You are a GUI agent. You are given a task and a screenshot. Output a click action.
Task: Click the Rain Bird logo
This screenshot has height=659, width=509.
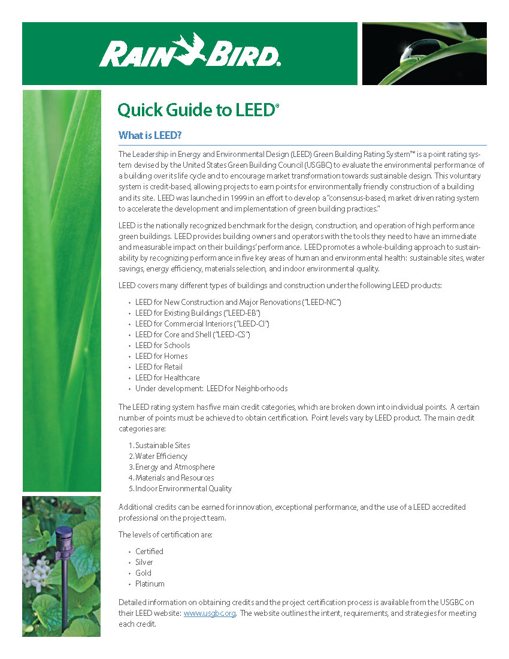point(189,52)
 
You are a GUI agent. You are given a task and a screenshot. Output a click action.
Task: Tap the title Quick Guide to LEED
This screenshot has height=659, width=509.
point(198,111)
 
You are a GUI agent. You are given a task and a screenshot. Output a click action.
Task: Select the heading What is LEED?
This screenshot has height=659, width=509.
point(150,135)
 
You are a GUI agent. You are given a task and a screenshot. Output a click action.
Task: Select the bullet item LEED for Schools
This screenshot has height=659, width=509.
point(162,345)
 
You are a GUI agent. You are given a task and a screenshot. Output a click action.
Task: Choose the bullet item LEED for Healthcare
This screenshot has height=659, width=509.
point(167,377)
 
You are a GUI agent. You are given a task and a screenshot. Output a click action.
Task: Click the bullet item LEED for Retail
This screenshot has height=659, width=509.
point(159,367)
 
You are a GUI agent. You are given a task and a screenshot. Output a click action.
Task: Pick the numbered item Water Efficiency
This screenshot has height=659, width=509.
point(161,456)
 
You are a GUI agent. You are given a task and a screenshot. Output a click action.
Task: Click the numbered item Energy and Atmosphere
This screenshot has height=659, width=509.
point(175,467)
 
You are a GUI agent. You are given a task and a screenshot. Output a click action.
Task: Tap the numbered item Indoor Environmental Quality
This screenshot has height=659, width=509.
point(183,488)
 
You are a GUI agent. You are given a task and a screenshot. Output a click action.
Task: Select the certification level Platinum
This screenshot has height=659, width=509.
point(150,584)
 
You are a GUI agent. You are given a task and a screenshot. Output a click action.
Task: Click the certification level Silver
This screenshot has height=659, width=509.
point(144,562)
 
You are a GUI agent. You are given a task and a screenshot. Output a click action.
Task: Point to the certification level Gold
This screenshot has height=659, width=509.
point(143,573)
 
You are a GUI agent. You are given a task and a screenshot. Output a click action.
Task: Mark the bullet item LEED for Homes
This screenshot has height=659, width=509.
point(161,356)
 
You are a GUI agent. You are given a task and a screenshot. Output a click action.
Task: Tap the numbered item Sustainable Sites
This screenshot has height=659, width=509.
point(162,445)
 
